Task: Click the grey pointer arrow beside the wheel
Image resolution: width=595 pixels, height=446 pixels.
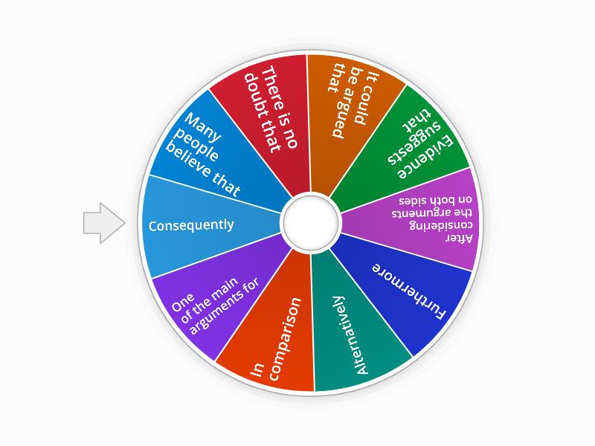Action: tap(103, 223)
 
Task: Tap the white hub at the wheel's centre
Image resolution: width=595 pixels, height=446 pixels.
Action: tap(310, 222)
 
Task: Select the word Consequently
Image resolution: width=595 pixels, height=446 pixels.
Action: tap(191, 225)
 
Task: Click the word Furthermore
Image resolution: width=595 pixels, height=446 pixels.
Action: tap(410, 291)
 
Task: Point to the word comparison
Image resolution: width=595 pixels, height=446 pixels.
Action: tap(285, 338)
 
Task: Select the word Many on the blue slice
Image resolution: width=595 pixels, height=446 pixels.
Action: tap(203, 126)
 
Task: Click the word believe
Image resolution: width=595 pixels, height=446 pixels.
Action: tap(190, 161)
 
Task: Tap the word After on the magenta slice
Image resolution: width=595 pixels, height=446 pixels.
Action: tap(459, 238)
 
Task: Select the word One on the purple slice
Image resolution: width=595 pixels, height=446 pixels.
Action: tap(183, 303)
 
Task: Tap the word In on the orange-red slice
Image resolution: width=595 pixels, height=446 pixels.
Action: tap(257, 369)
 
